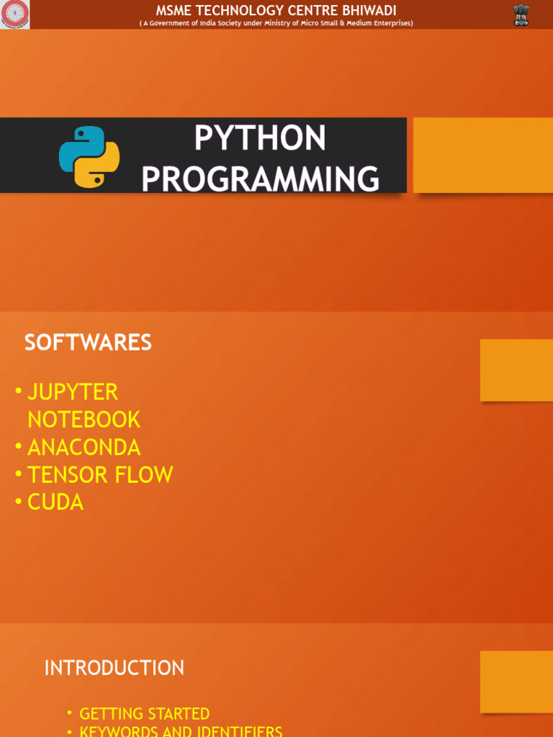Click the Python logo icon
tap(89, 157)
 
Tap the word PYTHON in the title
tap(260, 138)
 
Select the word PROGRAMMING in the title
tap(260, 178)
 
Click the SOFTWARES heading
tap(88, 343)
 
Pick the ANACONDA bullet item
tap(84, 447)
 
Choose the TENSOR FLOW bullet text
tap(100, 475)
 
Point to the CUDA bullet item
tap(55, 502)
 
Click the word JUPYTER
tap(73, 392)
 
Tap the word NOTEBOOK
tap(84, 420)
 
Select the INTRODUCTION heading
tap(114, 668)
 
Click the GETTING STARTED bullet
tap(144, 714)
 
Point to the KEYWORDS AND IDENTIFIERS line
tap(181, 731)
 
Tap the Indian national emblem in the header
tap(521, 14)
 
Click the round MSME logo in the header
tap(15, 14)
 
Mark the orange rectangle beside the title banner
tap(482, 155)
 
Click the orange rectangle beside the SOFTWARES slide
tap(516, 370)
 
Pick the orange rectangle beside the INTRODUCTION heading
tap(516, 682)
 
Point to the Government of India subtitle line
tap(276, 23)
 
